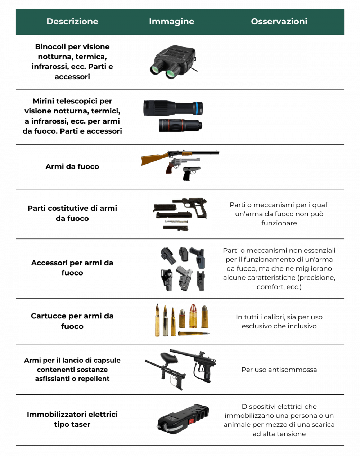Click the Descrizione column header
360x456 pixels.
coord(72,21)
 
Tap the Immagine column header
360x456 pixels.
coord(171,21)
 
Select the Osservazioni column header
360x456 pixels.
coord(279,21)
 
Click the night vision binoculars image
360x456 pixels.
coord(174,62)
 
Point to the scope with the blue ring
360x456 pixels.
coord(173,108)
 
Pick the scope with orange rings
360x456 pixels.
coord(180,125)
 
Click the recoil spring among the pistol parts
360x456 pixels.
coord(176,222)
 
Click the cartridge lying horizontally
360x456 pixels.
coord(194,334)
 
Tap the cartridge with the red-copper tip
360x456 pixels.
coord(193,316)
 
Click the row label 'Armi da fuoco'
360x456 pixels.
coord(72,166)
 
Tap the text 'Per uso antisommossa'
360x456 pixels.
coord(279,370)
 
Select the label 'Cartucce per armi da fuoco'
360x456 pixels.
coord(72,321)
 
